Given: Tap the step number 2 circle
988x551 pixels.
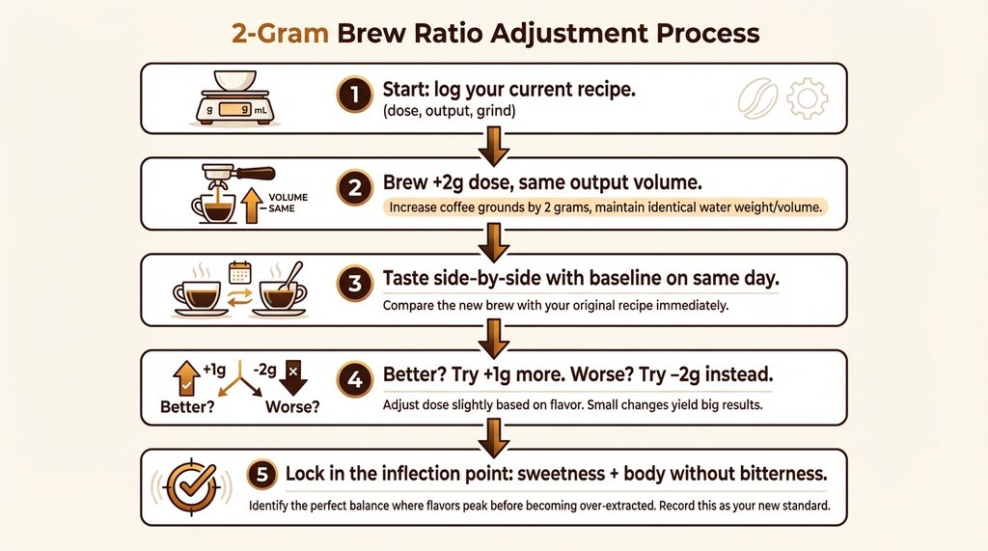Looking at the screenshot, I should click(355, 188).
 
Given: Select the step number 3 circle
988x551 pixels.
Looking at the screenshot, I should click(355, 283).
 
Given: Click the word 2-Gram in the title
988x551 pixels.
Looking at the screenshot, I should click(280, 33).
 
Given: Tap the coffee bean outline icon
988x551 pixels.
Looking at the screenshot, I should click(758, 98).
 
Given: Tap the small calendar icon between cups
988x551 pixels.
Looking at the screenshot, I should click(240, 272).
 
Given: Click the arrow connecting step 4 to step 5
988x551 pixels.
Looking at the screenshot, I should click(494, 435).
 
